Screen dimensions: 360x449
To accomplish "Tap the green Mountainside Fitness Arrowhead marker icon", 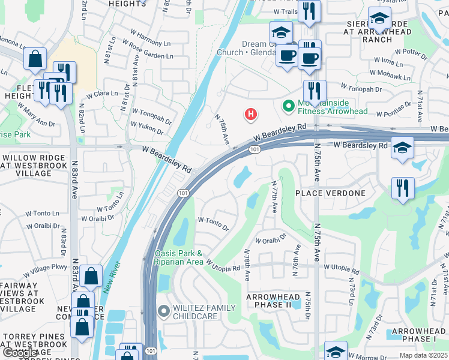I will point(289,106).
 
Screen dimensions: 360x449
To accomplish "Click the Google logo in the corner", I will point(20,353).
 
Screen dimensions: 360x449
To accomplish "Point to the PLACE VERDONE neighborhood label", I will point(330,193).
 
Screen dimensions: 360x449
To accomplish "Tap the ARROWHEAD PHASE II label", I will point(277,301).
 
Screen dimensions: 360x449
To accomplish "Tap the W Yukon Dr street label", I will point(147,127).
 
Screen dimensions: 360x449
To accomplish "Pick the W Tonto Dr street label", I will point(213,224).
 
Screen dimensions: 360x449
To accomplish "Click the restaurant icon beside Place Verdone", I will point(403,187).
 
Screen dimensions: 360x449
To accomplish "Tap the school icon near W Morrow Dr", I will point(336,350).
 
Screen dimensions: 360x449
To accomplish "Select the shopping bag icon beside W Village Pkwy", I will point(91,276).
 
